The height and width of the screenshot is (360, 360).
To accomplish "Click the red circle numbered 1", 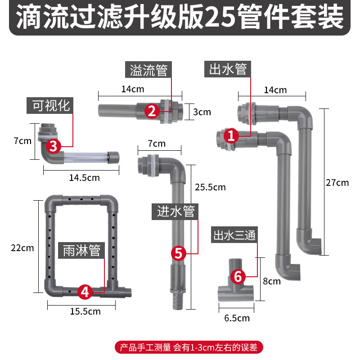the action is (x=231, y=135).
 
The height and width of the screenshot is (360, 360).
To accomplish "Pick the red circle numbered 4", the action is (x=85, y=291).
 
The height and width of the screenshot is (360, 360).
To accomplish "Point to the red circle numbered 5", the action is (x=179, y=253).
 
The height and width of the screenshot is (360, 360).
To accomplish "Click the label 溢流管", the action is (x=148, y=71).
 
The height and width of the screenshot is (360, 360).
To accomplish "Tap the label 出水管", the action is (x=228, y=69).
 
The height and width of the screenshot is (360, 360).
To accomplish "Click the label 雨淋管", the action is (x=82, y=250).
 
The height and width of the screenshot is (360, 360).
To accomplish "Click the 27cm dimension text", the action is (x=338, y=183).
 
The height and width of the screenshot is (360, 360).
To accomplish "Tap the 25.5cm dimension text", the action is (x=211, y=187).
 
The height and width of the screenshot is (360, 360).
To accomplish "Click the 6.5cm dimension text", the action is (x=237, y=318).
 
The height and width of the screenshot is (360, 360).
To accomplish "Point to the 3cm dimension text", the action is (x=202, y=112).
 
